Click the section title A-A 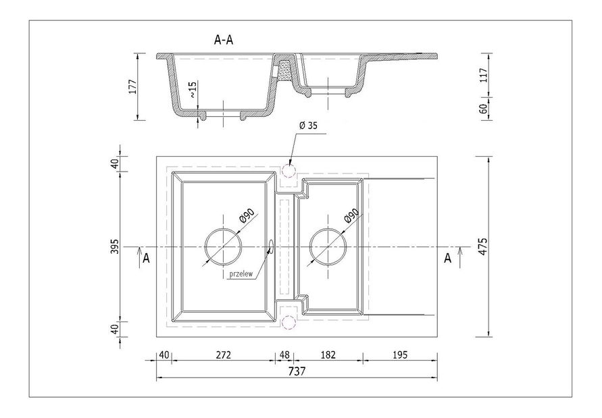224,40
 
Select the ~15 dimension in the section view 193,90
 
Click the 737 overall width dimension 297,371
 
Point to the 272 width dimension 223,353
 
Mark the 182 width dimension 328,353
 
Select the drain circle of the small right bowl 328,246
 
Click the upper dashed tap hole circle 289,172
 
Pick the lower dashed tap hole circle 289,321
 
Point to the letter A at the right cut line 446,257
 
